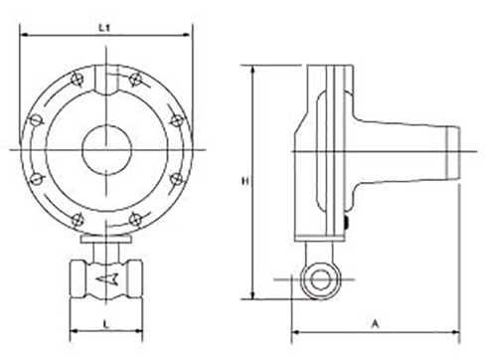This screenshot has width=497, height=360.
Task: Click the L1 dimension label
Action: click(x=104, y=28)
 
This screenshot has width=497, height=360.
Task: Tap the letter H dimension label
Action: click(x=246, y=181)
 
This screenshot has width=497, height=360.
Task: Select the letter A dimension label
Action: click(x=375, y=323)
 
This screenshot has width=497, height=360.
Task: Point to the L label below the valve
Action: click(x=106, y=324)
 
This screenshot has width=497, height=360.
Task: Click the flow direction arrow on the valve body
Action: click(x=106, y=279)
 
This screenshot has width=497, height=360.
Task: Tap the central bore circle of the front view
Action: click(x=106, y=150)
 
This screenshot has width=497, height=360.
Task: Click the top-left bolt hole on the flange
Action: click(x=78, y=80)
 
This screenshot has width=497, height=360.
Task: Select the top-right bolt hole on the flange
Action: click(x=135, y=80)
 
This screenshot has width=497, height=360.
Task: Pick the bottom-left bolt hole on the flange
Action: click(x=78, y=220)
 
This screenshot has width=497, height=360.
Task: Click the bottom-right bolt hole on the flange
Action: click(x=135, y=220)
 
